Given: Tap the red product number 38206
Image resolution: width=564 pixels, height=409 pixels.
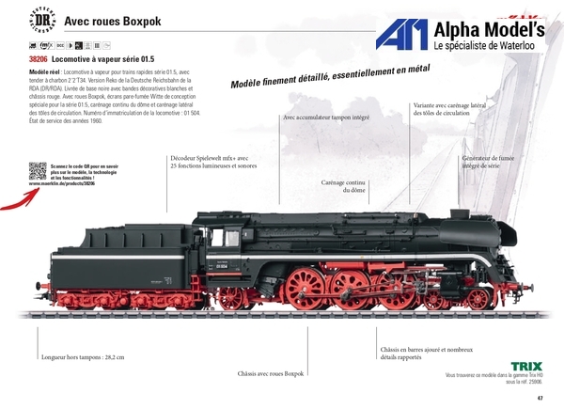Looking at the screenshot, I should pos(40,58).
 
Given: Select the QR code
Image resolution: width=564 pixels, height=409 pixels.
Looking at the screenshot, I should pos(38,171).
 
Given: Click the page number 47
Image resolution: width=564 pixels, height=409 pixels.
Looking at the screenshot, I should pos(540,398).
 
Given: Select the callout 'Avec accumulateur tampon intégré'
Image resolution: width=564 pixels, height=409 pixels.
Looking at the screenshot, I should pos(325,118).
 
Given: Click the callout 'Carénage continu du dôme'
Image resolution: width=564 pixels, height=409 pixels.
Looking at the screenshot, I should pos(343,185).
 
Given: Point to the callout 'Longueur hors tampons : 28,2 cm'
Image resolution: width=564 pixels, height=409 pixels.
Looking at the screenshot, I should pos(83,357).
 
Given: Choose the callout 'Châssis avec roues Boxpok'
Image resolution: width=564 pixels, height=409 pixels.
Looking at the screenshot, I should pos(272,373).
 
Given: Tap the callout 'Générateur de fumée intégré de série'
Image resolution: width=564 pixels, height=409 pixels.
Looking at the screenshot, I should pos(488,162).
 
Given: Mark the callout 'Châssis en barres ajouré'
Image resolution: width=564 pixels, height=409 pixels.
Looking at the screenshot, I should pos(420,353).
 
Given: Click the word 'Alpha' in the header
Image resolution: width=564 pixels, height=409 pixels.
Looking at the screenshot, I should pos(455,28).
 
